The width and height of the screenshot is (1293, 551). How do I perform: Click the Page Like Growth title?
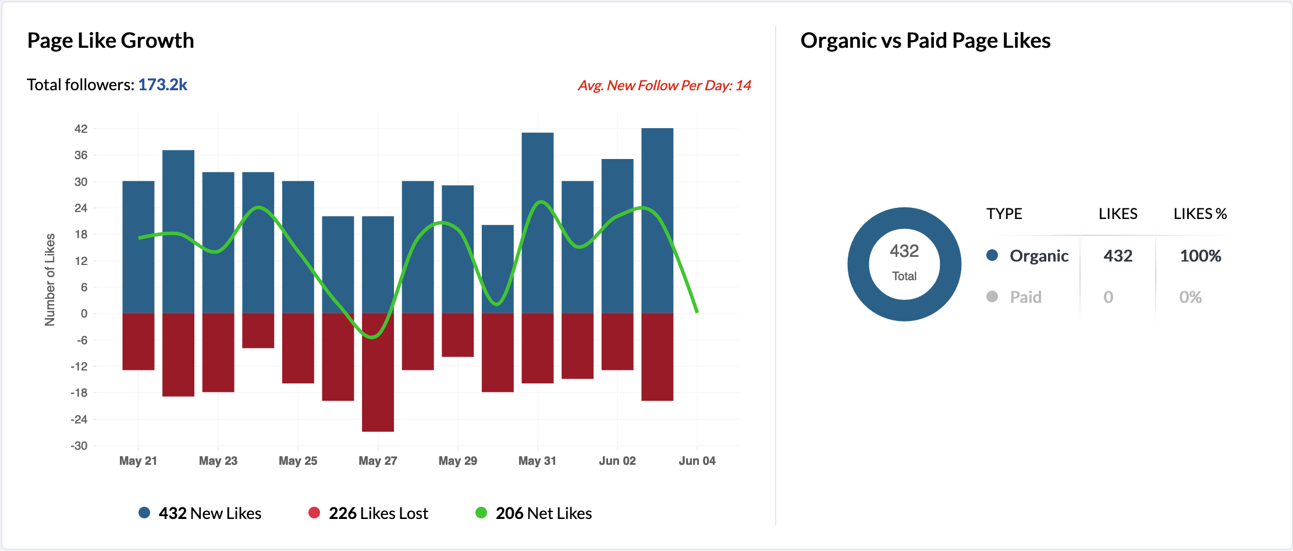point(111,41)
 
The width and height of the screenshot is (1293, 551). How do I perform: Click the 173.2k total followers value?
point(162,85)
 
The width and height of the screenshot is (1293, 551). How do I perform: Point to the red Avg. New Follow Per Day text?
point(664,86)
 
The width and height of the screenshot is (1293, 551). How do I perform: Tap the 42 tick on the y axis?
point(81,129)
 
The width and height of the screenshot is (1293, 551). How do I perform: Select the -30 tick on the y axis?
point(79,446)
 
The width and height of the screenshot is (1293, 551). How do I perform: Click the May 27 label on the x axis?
point(378,461)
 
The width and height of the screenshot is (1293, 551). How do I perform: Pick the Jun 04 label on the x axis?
point(697,461)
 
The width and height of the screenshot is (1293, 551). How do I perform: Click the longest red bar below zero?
point(378,373)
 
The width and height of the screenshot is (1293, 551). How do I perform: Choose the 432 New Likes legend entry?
point(200,513)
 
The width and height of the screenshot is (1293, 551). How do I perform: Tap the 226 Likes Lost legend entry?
point(368,513)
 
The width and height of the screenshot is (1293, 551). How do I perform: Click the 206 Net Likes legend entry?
point(534,513)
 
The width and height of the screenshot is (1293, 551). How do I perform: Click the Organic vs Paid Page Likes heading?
point(925,41)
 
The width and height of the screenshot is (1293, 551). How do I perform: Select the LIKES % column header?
point(1200,214)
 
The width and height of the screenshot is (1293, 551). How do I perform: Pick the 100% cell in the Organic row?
point(1200,256)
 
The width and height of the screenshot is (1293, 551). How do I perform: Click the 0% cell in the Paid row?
point(1190,297)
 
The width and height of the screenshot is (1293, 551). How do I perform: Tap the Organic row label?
point(1039,256)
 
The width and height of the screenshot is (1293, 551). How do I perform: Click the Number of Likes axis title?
point(50,280)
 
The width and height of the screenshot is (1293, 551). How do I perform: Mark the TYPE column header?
point(1004,214)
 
